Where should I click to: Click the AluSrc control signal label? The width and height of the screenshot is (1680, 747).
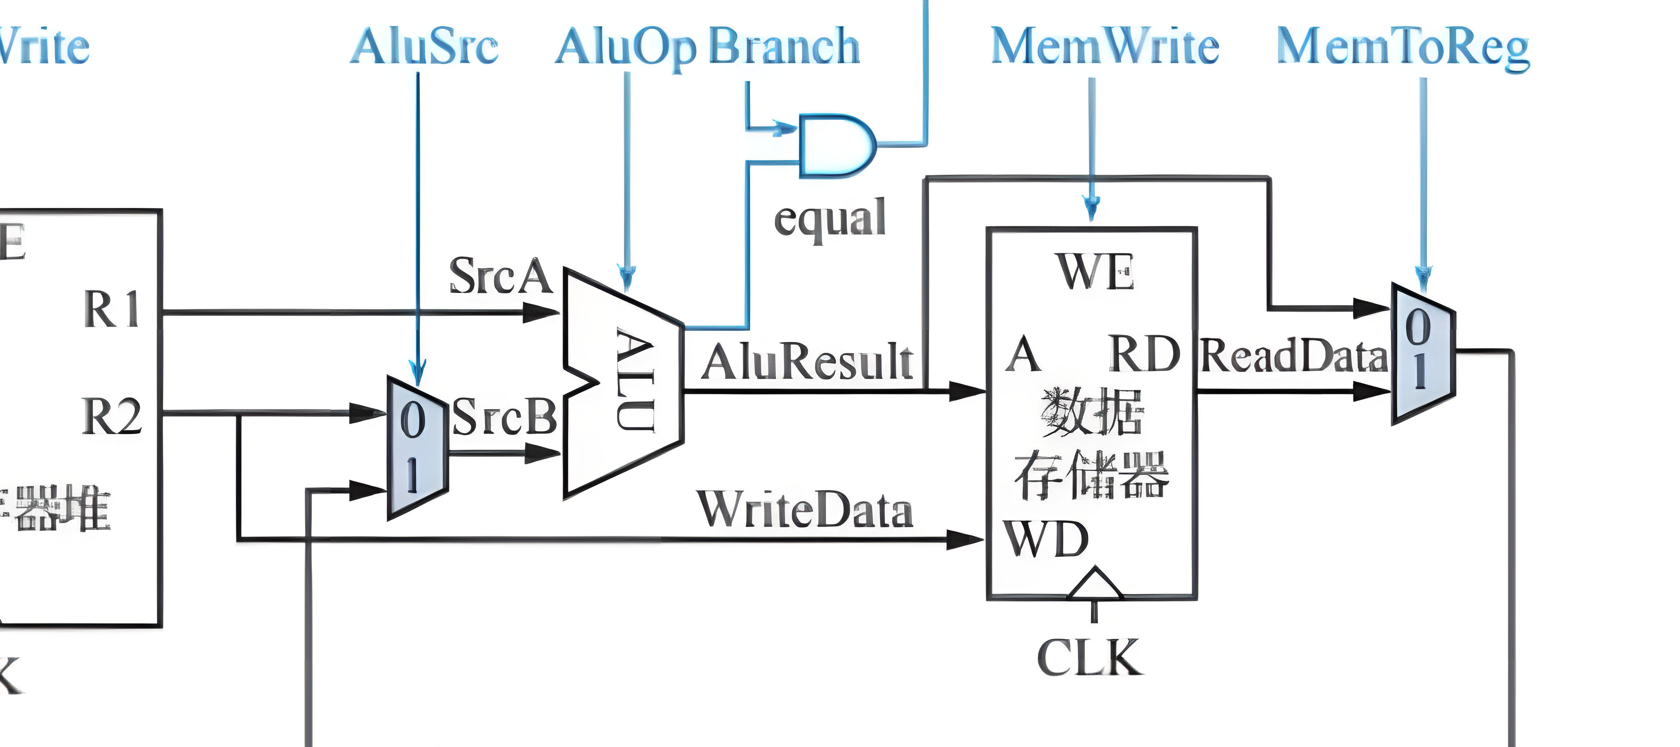coord(424,46)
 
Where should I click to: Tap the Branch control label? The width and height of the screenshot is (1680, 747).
coord(784,46)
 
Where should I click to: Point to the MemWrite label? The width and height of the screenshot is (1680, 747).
coord(1105,46)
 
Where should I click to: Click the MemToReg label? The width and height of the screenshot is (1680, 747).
coord(1402,48)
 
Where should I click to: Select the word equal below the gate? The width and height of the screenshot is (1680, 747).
coord(830,219)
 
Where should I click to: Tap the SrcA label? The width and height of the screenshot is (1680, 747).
coord(500,276)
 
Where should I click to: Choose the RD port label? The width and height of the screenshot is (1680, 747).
coord(1144,354)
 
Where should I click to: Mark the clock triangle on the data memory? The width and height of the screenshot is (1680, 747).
coord(1095,584)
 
